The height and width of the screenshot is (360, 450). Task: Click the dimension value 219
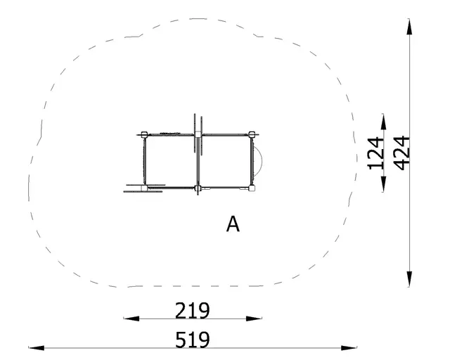[x=193, y=310]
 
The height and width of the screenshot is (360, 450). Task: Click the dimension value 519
[x=193, y=340]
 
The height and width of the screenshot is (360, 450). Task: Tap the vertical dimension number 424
[x=401, y=152]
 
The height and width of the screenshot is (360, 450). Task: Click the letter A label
[x=233, y=224]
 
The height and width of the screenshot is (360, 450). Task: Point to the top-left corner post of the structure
[x=144, y=134]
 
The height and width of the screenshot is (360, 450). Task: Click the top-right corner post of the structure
[x=252, y=134]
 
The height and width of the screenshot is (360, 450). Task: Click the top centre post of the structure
[x=198, y=134]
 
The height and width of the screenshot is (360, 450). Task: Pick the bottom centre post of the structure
[x=198, y=188]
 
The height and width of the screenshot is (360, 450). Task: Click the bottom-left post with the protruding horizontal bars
[x=143, y=188]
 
